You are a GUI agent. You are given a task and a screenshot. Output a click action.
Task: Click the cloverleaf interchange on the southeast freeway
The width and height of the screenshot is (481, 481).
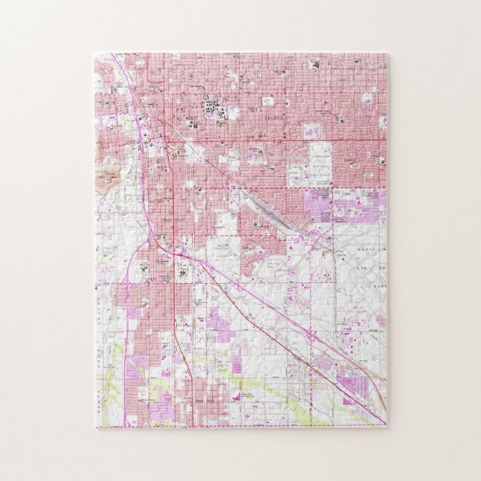(x=309, y=335)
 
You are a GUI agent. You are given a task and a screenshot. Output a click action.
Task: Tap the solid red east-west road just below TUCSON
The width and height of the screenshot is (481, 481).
(x=284, y=140)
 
